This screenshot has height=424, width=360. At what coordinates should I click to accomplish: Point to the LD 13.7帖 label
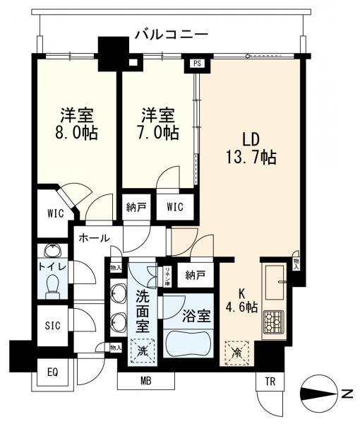point(251,146)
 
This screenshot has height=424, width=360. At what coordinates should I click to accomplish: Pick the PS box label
point(196,64)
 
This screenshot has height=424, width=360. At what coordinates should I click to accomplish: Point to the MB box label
point(145,382)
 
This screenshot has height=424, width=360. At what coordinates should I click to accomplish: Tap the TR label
point(270,381)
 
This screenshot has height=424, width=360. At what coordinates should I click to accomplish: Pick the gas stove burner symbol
point(271,322)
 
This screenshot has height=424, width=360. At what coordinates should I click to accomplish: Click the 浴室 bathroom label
point(187,317)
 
